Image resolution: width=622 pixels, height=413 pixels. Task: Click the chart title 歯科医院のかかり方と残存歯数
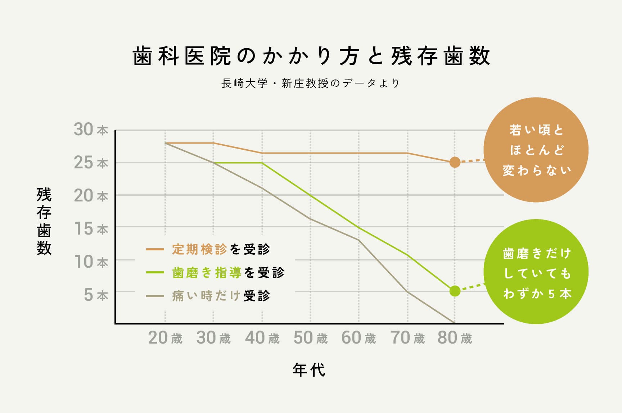(x=311, y=56)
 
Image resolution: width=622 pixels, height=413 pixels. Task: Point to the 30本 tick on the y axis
(x=91, y=130)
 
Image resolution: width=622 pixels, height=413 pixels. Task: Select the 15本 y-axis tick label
(x=91, y=229)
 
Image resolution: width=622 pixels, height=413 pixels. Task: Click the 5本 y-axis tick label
(x=96, y=295)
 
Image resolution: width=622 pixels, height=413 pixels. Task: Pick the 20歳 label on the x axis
(x=165, y=338)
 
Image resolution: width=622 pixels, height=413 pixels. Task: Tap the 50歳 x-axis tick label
(x=311, y=338)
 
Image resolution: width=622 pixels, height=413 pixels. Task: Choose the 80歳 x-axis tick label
(x=455, y=338)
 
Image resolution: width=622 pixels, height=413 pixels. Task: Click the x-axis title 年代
(x=309, y=370)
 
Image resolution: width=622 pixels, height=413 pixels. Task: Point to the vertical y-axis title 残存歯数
(x=44, y=221)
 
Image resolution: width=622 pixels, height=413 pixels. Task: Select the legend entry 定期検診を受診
(x=220, y=249)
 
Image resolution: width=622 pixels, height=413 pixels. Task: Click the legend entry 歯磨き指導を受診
(x=227, y=273)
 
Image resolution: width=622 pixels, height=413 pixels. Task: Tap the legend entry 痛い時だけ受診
(x=220, y=296)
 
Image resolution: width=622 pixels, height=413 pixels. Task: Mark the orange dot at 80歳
(x=455, y=162)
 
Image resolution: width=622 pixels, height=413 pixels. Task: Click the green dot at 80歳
(x=455, y=291)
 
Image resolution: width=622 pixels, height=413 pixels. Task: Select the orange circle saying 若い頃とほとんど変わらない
(x=536, y=150)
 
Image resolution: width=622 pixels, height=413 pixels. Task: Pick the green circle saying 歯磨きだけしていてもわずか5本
(x=536, y=272)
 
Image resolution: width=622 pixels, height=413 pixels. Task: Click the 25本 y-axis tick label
(x=91, y=163)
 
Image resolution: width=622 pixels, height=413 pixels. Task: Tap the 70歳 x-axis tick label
(x=407, y=338)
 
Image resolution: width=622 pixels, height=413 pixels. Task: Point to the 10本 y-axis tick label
(x=91, y=262)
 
